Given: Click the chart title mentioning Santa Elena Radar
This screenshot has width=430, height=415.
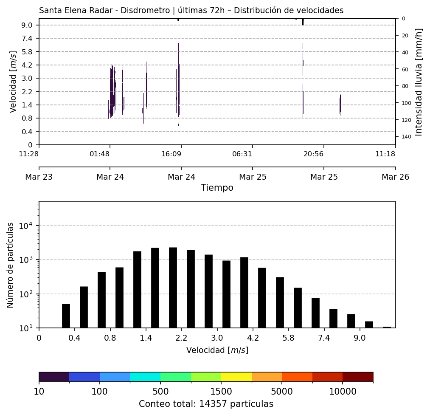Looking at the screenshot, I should pyautogui.click(x=191, y=11).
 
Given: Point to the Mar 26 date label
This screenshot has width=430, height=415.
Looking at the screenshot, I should pyautogui.click(x=395, y=177).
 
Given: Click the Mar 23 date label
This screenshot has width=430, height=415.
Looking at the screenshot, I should pyautogui.click(x=39, y=177).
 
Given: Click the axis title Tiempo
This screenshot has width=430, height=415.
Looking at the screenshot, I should pyautogui.click(x=217, y=188).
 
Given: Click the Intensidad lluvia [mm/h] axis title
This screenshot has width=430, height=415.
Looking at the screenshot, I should pyautogui.click(x=419, y=82).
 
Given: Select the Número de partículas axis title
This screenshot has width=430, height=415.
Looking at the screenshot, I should pyautogui.click(x=11, y=265).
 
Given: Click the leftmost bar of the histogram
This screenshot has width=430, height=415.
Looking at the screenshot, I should pyautogui.click(x=66, y=316).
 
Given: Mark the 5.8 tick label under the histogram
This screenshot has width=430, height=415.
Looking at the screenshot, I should pyautogui.click(x=288, y=339).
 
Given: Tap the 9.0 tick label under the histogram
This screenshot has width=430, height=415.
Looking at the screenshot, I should pyautogui.click(x=360, y=339).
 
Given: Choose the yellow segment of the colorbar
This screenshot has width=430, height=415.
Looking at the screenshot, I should pyautogui.click(x=236, y=377).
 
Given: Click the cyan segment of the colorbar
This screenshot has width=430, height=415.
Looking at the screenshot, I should pyautogui.click(x=145, y=377).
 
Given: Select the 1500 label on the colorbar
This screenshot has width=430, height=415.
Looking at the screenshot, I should pyautogui.click(x=221, y=391).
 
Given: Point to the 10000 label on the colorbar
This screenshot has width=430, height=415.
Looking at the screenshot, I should pyautogui.click(x=343, y=391).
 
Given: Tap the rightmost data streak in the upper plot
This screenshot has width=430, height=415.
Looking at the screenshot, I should pyautogui.click(x=340, y=104).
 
